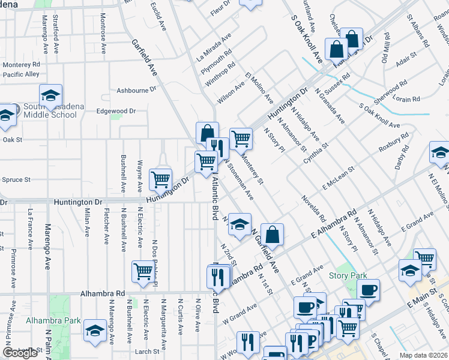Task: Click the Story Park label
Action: point(348,275)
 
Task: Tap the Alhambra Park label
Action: point(53,320)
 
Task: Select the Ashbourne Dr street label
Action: point(136,89)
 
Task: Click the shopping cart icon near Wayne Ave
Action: point(160,178)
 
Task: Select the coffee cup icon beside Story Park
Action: point(369,289)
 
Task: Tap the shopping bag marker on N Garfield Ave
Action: point(273,233)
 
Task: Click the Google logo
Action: point(20,353)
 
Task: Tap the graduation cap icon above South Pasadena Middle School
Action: point(51,95)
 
